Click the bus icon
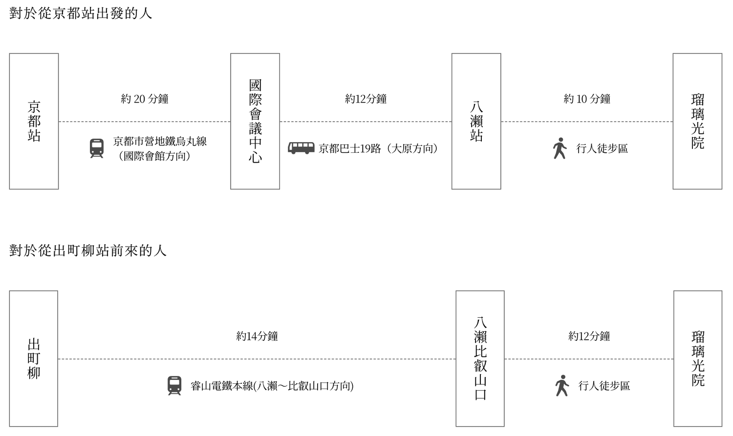pos(301,148)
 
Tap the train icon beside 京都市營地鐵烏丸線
pos(97,148)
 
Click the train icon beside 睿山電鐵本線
pos(174,386)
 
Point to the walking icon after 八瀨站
pos(560,148)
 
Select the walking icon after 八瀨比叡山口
pos(562,385)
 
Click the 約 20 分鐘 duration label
pos(145,99)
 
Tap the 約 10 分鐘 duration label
pos(587,99)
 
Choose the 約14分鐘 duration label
pos(257,336)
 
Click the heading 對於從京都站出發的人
pos(81,13)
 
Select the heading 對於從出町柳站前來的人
pos(87,250)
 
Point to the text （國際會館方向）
pos(154,156)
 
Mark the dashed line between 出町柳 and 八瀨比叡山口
pos(257,359)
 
